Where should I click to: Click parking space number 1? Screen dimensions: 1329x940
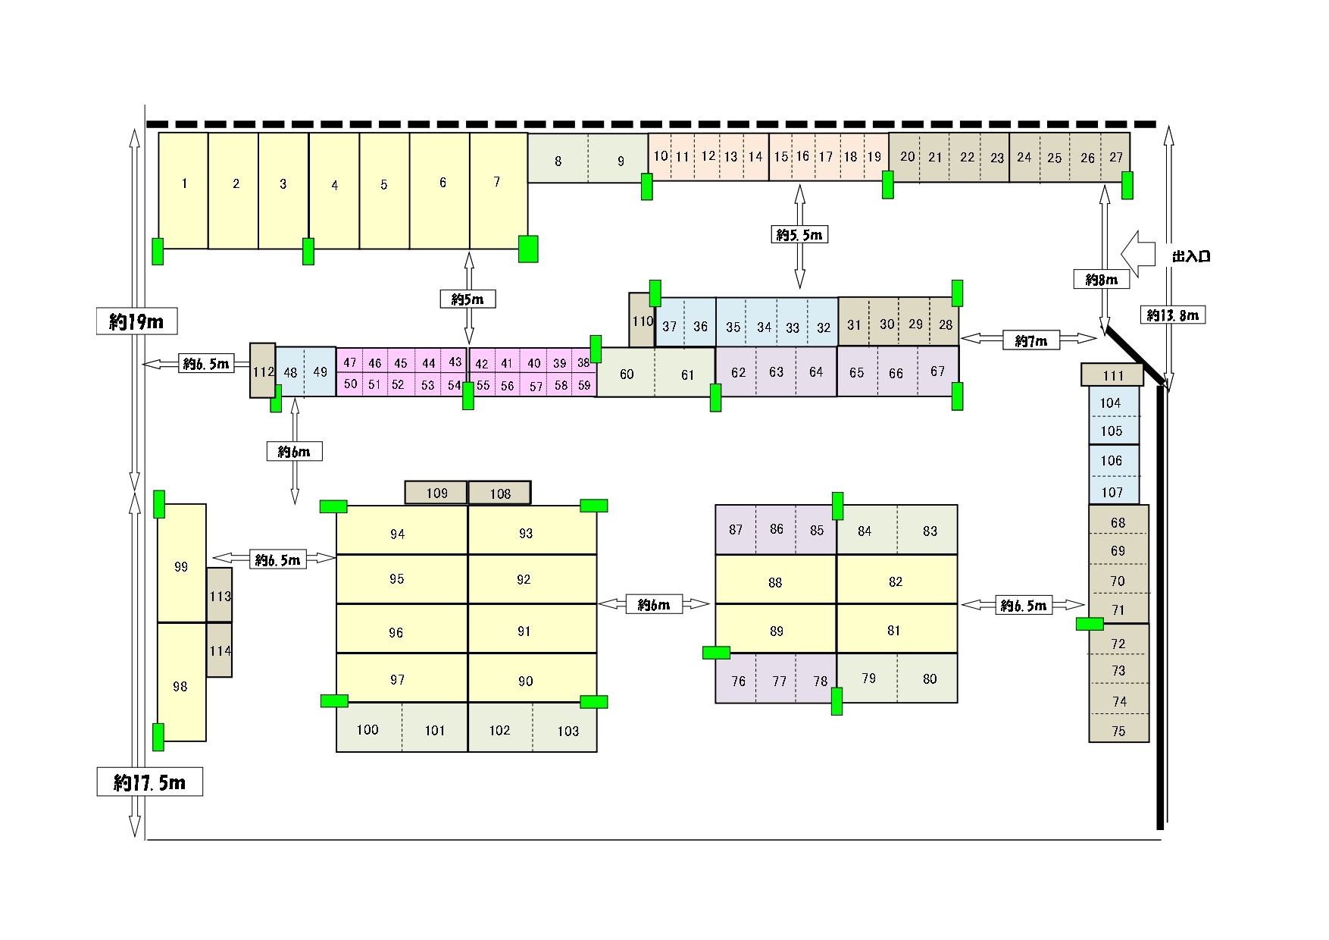point(183,190)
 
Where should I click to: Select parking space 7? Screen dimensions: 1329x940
point(499,190)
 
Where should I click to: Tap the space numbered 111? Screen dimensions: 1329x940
point(1112,374)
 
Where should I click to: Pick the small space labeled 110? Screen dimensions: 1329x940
point(642,320)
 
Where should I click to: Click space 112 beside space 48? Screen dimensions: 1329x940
point(263,371)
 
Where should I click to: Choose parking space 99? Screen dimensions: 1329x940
point(182,563)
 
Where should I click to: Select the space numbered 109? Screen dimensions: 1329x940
point(436,493)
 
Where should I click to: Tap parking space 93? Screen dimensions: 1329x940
point(533,530)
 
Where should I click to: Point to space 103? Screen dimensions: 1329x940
point(565,728)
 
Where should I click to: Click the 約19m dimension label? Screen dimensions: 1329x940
point(137,321)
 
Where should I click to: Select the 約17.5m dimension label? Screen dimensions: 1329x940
point(150,782)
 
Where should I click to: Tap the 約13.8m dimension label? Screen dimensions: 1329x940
point(1172,315)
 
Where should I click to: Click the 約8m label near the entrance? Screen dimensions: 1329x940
point(1102,279)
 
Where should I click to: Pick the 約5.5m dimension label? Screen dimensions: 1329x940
point(799,234)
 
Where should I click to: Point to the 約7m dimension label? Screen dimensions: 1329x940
point(1030,340)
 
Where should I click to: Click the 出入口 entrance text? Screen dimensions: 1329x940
point(1191,256)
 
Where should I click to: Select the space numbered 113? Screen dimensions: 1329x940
point(220,595)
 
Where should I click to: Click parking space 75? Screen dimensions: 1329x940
point(1119,728)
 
